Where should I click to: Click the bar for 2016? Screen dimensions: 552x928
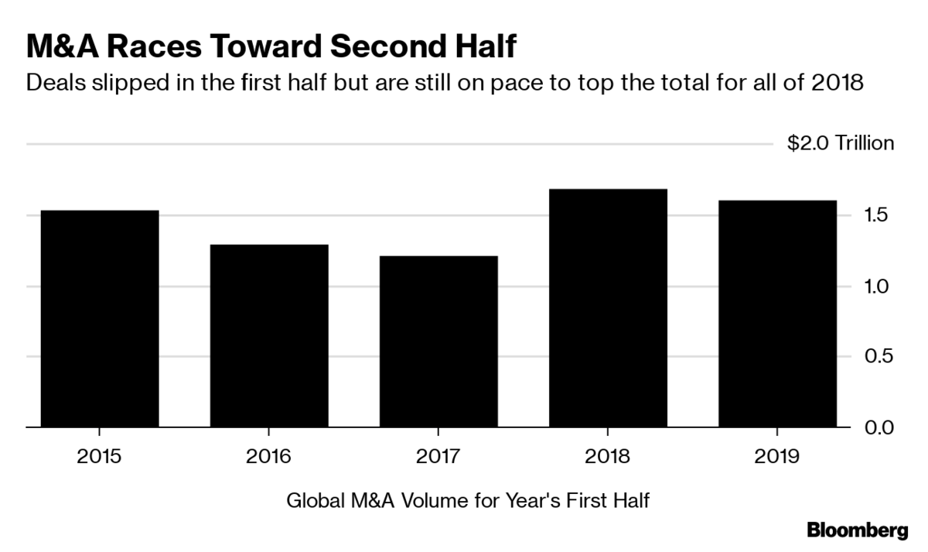268,335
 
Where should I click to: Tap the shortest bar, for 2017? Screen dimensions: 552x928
437,341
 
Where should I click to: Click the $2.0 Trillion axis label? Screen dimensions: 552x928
841,143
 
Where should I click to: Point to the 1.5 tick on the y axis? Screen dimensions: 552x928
881,215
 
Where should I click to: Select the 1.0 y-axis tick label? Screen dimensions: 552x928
881,286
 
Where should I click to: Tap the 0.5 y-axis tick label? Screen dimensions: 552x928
881,357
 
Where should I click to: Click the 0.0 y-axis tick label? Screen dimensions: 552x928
881,427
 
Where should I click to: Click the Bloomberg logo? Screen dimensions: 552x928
857,530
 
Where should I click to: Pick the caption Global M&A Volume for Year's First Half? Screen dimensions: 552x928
467,501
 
